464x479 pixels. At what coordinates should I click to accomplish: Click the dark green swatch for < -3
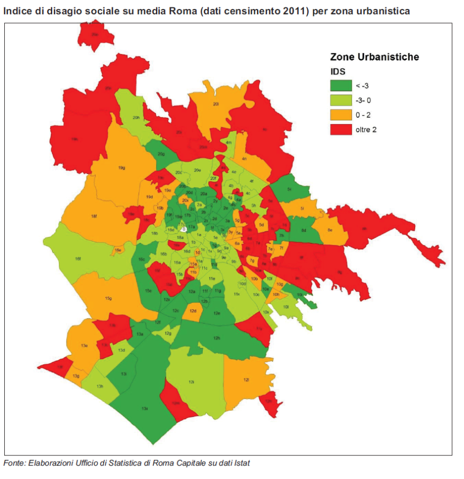[341, 85]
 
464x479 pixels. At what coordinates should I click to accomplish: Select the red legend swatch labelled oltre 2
[341, 129]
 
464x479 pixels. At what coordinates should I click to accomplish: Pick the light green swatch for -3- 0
[341, 100]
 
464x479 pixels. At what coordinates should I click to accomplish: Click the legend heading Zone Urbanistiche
[374, 57]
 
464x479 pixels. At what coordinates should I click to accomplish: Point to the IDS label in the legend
[337, 71]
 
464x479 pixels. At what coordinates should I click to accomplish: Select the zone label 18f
[94, 217]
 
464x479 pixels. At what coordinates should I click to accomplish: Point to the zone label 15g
[108, 299]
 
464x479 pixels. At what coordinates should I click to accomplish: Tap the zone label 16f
[78, 259]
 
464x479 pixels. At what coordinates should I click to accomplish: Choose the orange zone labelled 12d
[193, 311]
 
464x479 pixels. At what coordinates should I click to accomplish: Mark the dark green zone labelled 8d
[304, 230]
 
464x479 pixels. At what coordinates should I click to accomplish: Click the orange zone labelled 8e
[329, 230]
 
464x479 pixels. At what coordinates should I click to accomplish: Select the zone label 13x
[145, 408]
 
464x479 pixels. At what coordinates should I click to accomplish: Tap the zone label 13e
[84, 345]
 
